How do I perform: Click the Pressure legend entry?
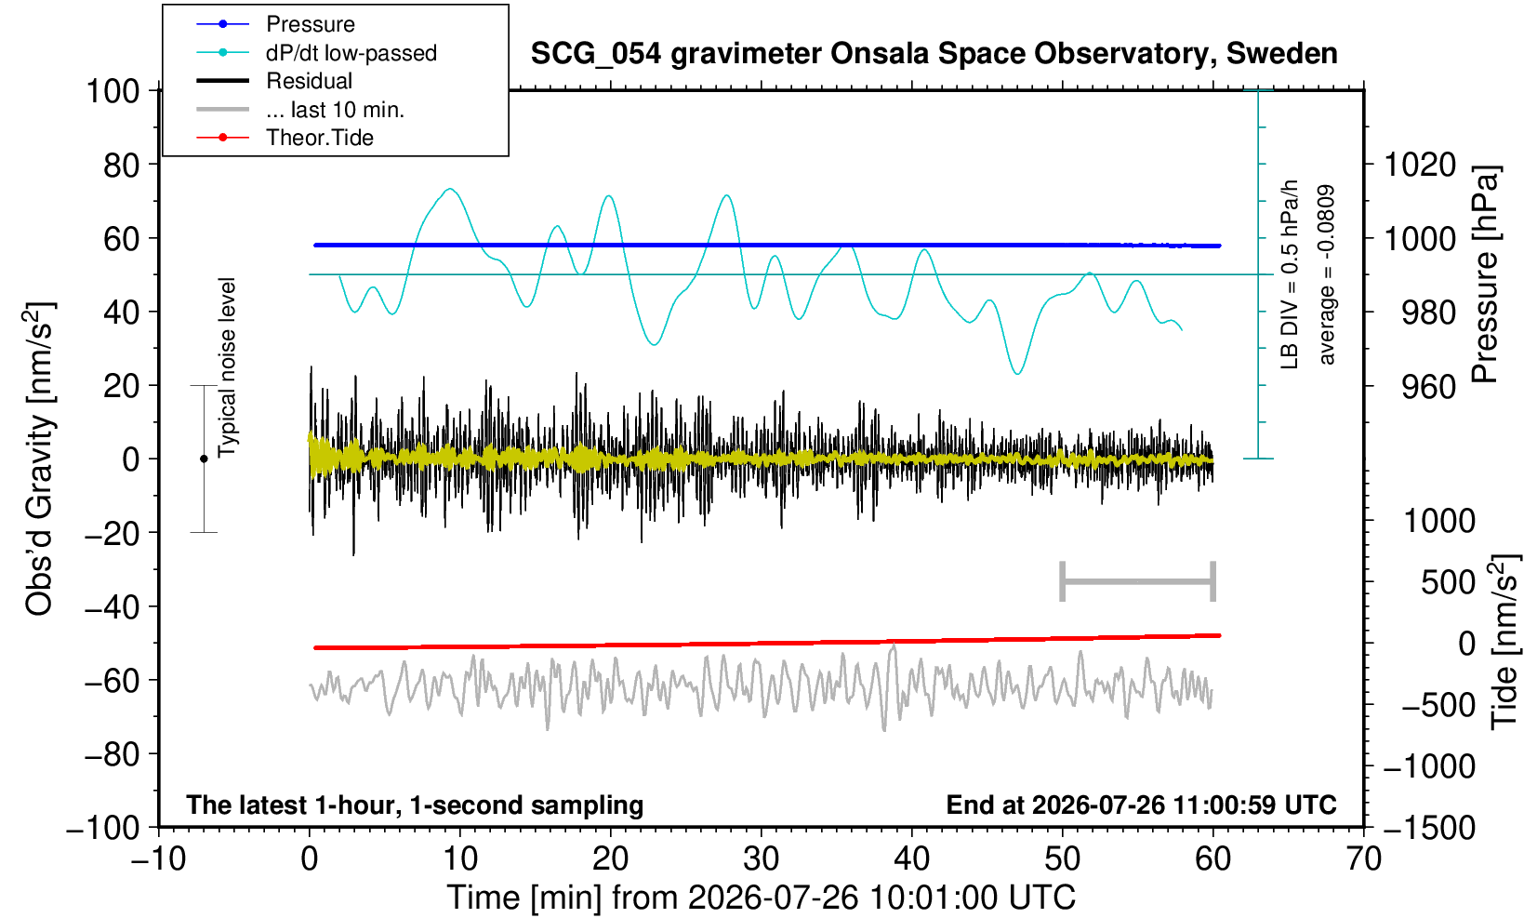pyautogui.click(x=276, y=25)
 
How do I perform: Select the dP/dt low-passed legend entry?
pyautogui.click(x=316, y=53)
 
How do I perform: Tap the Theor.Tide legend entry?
pyautogui.click(x=285, y=138)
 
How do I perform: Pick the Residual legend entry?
pyautogui.click(x=274, y=81)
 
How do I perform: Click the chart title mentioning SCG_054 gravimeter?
pyautogui.click(x=934, y=54)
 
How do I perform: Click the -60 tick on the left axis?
pyautogui.click(x=112, y=681)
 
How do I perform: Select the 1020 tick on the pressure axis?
pyautogui.click(x=1420, y=165)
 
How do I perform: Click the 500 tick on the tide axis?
pyautogui.click(x=1448, y=582)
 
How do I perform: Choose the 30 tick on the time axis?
pyautogui.click(x=761, y=858)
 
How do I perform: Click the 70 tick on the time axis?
pyautogui.click(x=1363, y=858)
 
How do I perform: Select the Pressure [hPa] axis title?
pyautogui.click(x=1485, y=274)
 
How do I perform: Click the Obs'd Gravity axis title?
pyautogui.click(x=39, y=459)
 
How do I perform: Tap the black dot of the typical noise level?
pyautogui.click(x=204, y=459)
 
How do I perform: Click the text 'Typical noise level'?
pyautogui.click(x=227, y=367)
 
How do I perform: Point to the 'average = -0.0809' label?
pyautogui.click(x=1326, y=274)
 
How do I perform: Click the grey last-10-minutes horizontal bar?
pyautogui.click(x=1138, y=581)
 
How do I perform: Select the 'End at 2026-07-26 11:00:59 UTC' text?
pyautogui.click(x=1141, y=805)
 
